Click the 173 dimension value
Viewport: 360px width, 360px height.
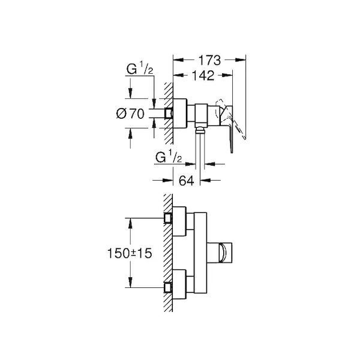pyautogui.click(x=209, y=61)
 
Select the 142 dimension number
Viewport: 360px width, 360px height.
pyautogui.click(x=203, y=76)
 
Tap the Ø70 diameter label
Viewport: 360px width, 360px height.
pyautogui.click(x=130, y=113)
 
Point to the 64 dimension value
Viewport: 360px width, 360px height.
pyautogui.click(x=187, y=181)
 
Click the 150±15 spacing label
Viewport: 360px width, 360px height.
pyautogui.click(x=130, y=253)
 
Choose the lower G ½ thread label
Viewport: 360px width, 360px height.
pyautogui.click(x=169, y=157)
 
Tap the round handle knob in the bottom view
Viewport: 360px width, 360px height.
pyautogui.click(x=223, y=253)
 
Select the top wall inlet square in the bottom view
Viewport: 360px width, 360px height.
pyautogui.click(x=168, y=218)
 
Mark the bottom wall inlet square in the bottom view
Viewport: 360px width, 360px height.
pyautogui.click(x=168, y=287)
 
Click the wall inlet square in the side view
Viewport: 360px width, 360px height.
pyautogui.click(x=169, y=113)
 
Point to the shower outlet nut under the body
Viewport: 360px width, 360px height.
pyautogui.click(x=200, y=130)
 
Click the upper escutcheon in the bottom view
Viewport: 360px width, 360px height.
pyautogui.click(x=179, y=221)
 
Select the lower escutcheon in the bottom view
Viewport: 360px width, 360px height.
pyautogui.click(x=179, y=284)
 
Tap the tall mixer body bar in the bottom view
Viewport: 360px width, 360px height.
pyautogui.click(x=200, y=253)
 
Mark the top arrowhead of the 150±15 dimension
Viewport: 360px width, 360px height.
pyautogui.click(x=130, y=223)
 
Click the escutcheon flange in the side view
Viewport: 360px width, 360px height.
pyautogui.click(x=180, y=113)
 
